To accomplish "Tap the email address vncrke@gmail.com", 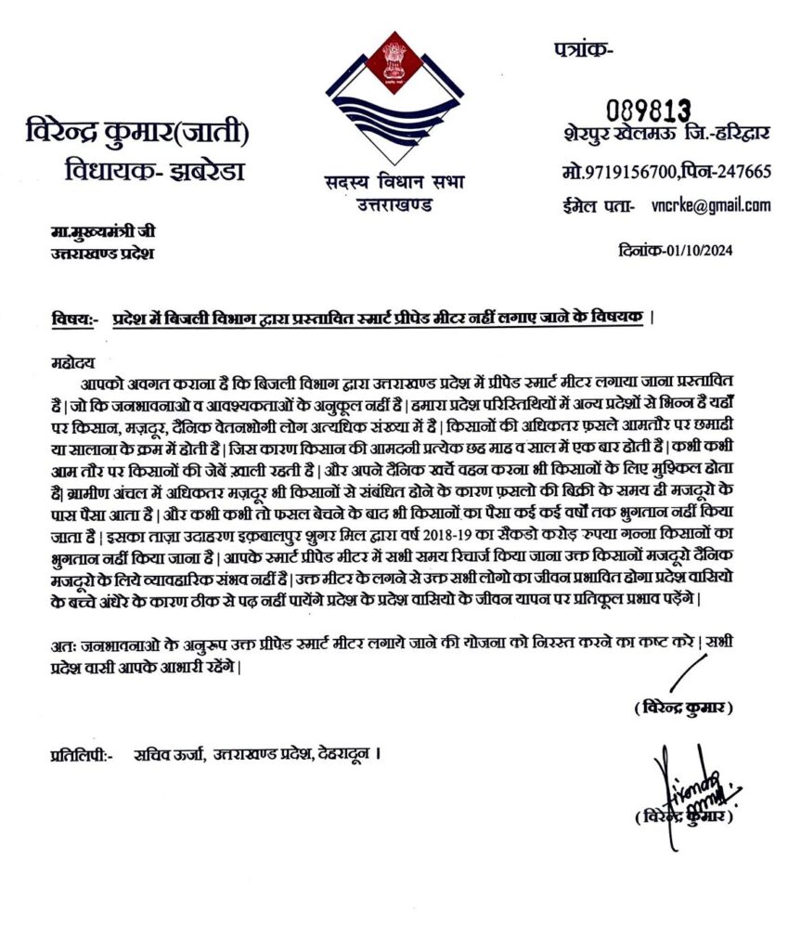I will (x=711, y=205).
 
